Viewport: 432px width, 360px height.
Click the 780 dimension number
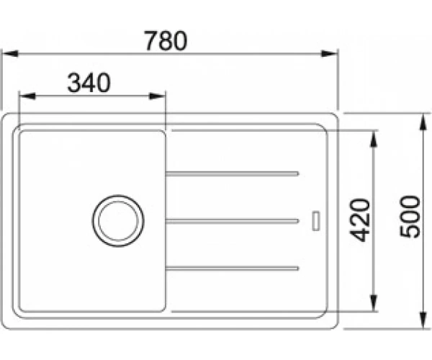tap(166, 41)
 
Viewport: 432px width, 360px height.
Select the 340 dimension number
tap(89, 83)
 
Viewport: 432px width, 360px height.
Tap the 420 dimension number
tap(360, 220)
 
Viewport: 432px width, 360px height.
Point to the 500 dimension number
tap(410, 217)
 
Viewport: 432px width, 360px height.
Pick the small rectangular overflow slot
tap(316, 220)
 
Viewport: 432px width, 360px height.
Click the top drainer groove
tap(233, 174)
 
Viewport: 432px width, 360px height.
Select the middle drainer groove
tap(233, 221)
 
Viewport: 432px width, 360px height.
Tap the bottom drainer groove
tap(233, 269)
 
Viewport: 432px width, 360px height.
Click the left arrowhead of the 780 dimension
tap(10, 53)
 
